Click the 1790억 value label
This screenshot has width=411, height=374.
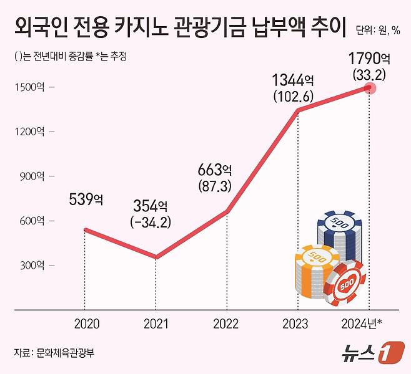[369, 60]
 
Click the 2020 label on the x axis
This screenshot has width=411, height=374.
[86, 324]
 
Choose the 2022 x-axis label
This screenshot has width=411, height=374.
[225, 324]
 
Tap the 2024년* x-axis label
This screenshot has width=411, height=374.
[365, 324]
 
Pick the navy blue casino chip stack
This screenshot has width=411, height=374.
[340, 234]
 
